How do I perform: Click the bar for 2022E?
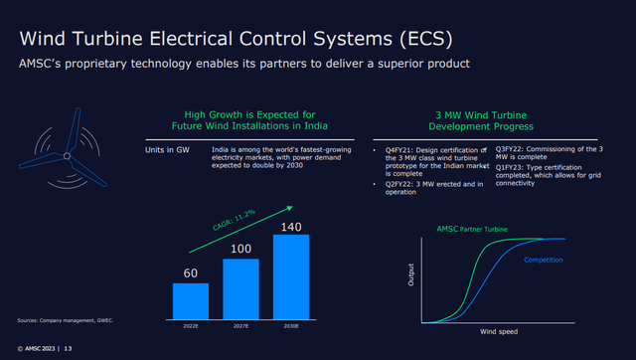191,297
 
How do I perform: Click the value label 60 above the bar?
191,271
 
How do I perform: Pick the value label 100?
241,249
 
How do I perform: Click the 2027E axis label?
241,322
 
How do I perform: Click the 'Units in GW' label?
168,150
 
